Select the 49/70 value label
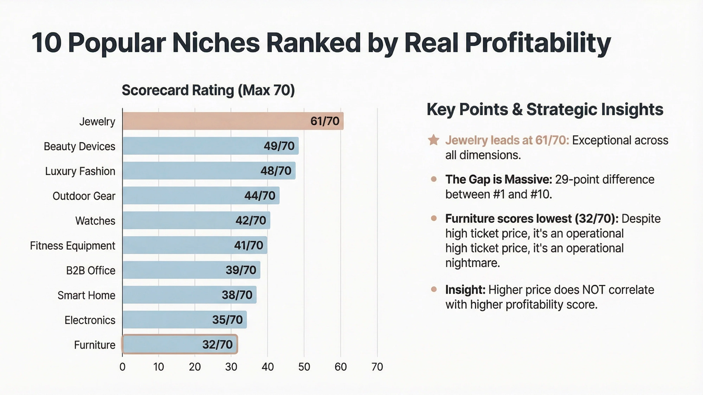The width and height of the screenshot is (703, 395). [279, 146]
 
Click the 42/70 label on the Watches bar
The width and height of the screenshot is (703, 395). [250, 220]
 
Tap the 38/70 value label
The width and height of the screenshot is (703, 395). [237, 295]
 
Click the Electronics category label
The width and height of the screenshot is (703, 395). [90, 320]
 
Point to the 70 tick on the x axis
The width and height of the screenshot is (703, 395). [377, 367]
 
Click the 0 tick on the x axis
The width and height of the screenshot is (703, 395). [122, 367]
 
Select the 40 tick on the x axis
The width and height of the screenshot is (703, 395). [267, 367]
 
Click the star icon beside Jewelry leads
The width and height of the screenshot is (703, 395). [433, 140]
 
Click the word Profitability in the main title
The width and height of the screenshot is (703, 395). [538, 43]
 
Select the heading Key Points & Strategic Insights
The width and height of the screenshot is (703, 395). [545, 109]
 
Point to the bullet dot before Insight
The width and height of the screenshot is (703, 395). [434, 289]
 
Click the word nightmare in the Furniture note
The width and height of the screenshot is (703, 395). [472, 263]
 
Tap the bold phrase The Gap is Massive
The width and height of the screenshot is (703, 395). [498, 179]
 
